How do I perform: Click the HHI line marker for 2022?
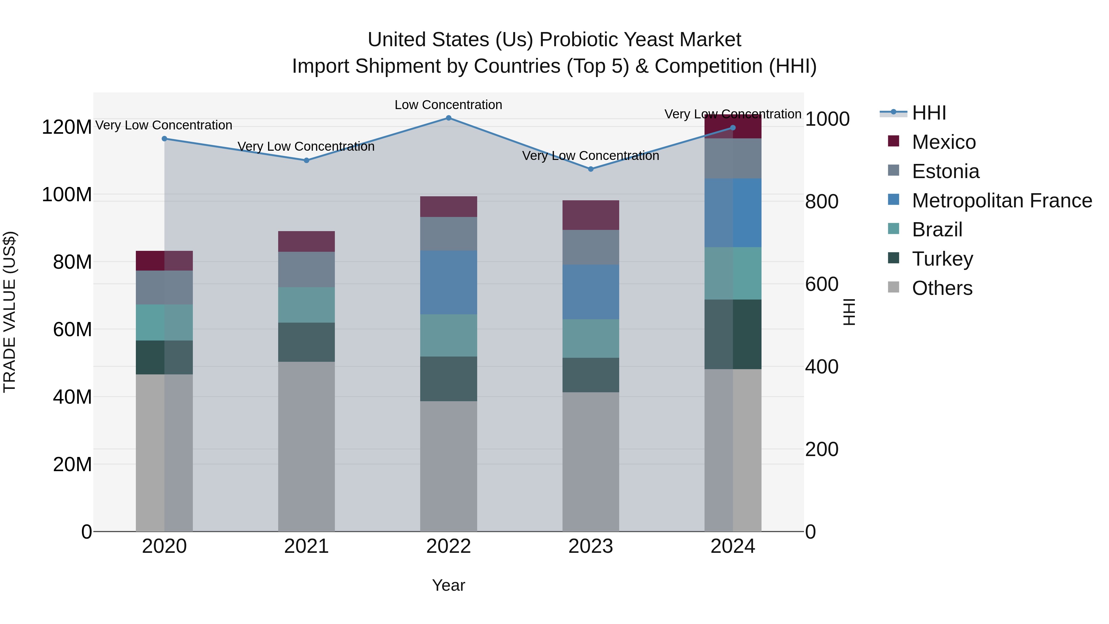pos(448,118)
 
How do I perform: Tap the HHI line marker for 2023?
pos(591,169)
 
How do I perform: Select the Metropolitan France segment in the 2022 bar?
pos(448,283)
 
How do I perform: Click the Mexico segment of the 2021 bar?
pos(306,242)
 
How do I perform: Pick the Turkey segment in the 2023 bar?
pos(591,375)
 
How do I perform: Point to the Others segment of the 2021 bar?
pos(306,446)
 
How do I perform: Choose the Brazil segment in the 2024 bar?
pos(733,273)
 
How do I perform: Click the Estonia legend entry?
pos(945,171)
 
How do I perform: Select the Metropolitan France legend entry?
pos(1001,201)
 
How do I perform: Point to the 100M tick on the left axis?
pos(67,195)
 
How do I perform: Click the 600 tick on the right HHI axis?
pos(821,284)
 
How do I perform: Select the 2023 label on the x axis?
pos(591,546)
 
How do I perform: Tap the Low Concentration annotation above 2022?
pos(448,105)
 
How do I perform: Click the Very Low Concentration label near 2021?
pos(306,146)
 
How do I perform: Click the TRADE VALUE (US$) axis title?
pos(10,312)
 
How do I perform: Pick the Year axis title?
pos(448,585)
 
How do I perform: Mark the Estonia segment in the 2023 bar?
pos(591,247)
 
